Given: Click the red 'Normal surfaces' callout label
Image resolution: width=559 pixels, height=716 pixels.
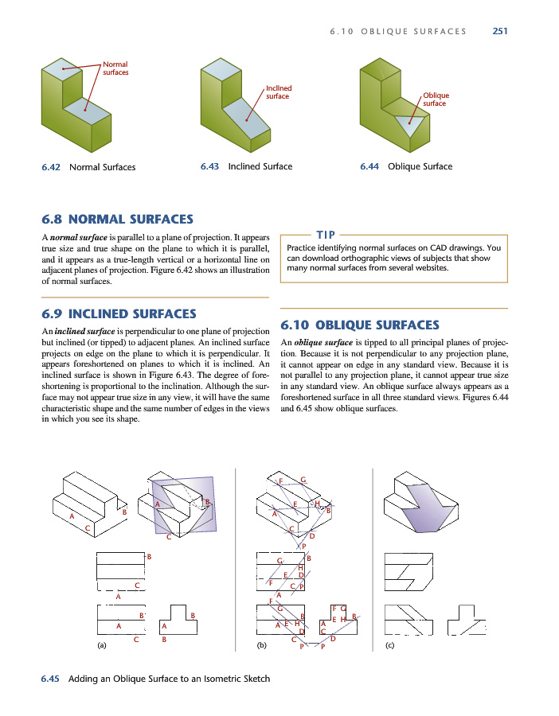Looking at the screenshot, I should pyautogui.click(x=115, y=68).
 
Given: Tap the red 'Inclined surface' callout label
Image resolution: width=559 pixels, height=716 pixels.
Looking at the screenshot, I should pyautogui.click(x=278, y=92).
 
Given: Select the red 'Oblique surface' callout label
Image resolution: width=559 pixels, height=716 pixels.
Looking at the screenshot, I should pyautogui.click(x=436, y=99).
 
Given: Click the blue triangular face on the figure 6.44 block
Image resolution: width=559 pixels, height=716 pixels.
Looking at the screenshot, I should pyautogui.click(x=410, y=121).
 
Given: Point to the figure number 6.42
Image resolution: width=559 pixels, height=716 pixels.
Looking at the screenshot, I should pyautogui.click(x=53, y=167).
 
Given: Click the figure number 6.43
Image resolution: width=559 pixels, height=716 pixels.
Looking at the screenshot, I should pyautogui.click(x=210, y=167).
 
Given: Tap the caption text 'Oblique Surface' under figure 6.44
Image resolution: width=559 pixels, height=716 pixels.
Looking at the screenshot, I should pyautogui.click(x=420, y=167).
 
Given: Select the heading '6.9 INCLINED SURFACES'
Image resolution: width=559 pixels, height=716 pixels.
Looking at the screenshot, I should pyautogui.click(x=119, y=313).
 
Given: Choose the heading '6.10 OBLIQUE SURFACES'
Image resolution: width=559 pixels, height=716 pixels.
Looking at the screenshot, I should pyautogui.click(x=361, y=325).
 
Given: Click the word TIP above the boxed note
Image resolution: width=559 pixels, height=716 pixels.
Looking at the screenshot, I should pyautogui.click(x=326, y=234).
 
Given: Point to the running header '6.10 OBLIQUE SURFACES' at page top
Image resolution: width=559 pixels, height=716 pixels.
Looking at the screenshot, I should pyautogui.click(x=398, y=32).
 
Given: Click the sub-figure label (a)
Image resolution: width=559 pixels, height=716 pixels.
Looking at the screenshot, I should pyautogui.click(x=101, y=645).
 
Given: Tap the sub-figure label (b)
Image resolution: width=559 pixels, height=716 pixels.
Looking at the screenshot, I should pyautogui.click(x=261, y=645).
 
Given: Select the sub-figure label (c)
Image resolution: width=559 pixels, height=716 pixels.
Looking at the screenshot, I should pyautogui.click(x=389, y=645).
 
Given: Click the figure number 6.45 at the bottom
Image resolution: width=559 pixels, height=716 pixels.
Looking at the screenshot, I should pyautogui.click(x=53, y=679).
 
